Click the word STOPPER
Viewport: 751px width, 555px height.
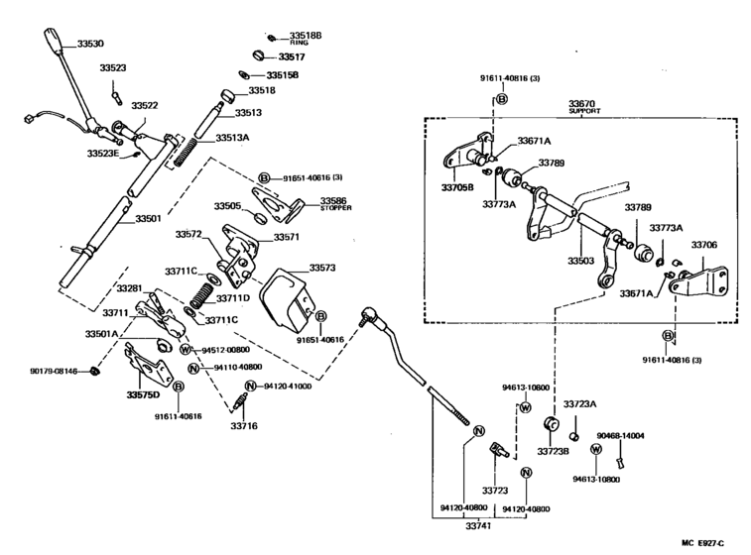[335, 209]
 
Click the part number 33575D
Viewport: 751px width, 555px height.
[143, 394]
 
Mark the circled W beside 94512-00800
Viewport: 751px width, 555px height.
[185, 350]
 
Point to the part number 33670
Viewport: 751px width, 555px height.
[582, 102]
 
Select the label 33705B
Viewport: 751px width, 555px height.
[457, 185]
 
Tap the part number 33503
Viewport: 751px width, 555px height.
[581, 261]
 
